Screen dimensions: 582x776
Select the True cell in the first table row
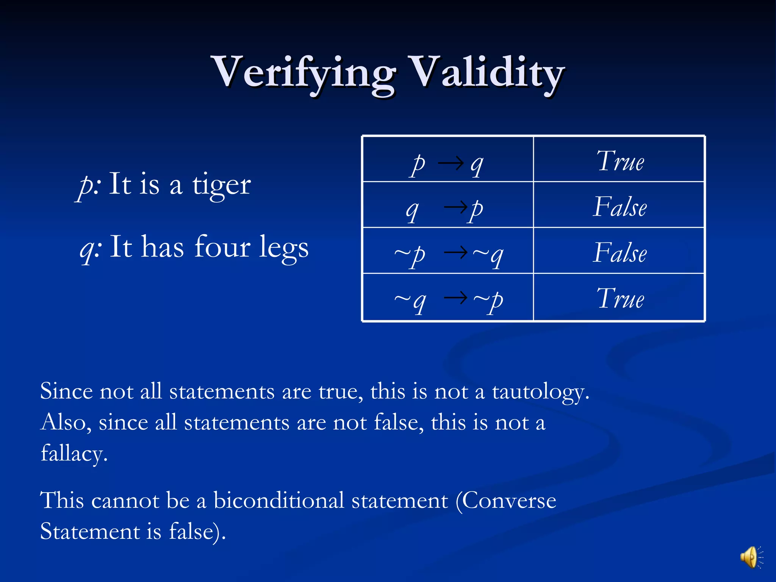(x=620, y=161)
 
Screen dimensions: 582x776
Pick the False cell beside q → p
(x=620, y=207)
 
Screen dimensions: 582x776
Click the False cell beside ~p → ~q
(x=620, y=253)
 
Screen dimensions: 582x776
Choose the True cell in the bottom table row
(x=620, y=299)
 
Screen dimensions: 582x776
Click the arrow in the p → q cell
(x=451, y=163)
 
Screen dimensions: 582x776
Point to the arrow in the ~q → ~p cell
(x=456, y=297)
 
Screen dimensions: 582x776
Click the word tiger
(x=221, y=185)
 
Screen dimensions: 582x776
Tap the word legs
(x=284, y=248)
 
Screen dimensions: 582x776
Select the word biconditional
(x=279, y=501)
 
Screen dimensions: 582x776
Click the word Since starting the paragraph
(x=66, y=391)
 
